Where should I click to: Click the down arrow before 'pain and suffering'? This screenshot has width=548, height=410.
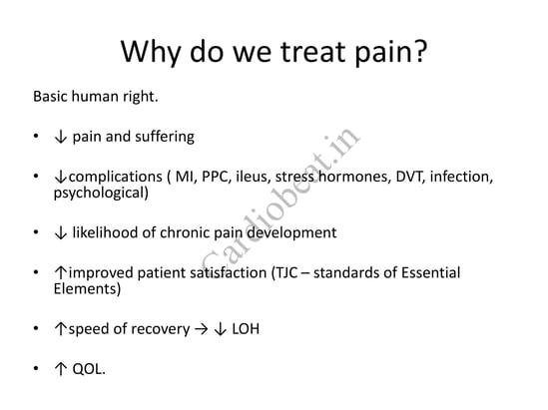pyautogui.click(x=61, y=137)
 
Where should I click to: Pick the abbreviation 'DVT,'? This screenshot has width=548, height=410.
pyautogui.click(x=410, y=177)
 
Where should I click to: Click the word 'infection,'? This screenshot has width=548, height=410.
pyautogui.click(x=461, y=177)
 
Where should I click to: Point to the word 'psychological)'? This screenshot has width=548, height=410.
pyautogui.click(x=101, y=194)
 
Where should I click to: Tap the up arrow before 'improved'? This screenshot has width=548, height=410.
pyautogui.click(x=61, y=272)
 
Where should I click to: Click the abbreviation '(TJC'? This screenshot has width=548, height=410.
pyautogui.click(x=284, y=272)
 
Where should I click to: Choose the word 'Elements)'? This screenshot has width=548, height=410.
pyautogui.click(x=88, y=289)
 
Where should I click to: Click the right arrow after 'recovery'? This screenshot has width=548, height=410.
pyautogui.click(x=202, y=329)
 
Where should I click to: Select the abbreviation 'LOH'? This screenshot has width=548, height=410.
pyautogui.click(x=246, y=329)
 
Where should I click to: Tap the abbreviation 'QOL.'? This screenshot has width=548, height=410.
pyautogui.click(x=89, y=369)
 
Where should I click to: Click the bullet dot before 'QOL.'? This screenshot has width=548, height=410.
pyautogui.click(x=36, y=368)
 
